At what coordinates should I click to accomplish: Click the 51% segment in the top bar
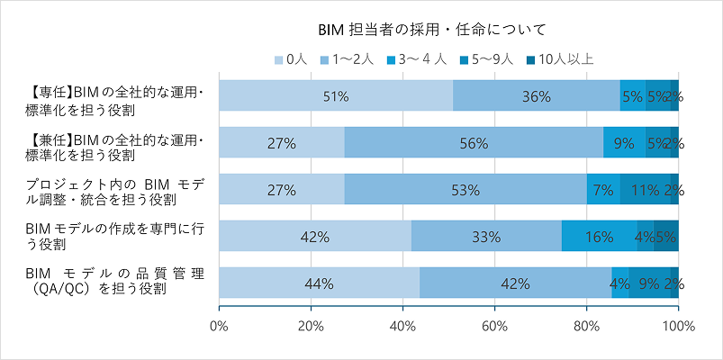point(336,95)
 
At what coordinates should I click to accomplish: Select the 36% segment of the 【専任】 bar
point(536,95)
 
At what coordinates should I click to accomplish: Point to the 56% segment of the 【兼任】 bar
point(474,142)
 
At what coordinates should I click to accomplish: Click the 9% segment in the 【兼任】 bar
point(624,142)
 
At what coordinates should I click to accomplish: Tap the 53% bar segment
point(465,189)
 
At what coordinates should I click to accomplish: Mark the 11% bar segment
point(644,189)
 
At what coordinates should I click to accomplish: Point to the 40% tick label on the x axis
point(402,326)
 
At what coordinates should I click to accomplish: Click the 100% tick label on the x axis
point(678,326)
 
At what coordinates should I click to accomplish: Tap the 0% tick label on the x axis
point(219,326)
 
